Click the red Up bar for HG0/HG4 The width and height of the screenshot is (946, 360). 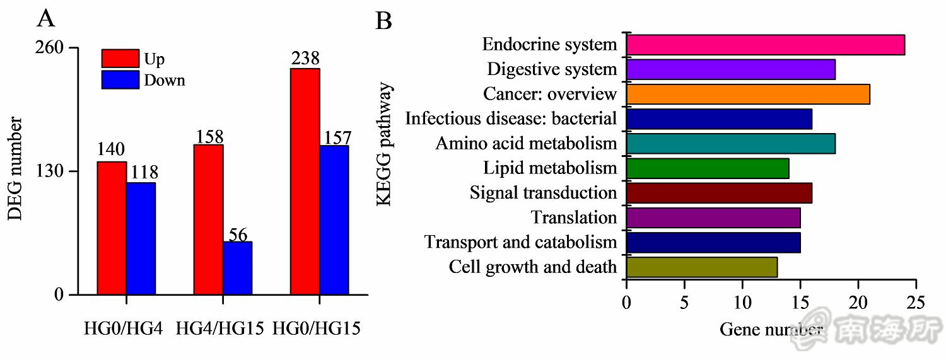(111, 228)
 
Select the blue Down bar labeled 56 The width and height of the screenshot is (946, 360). (237, 268)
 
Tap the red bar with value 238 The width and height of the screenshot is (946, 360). (305, 182)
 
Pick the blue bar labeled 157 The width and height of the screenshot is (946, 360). (334, 220)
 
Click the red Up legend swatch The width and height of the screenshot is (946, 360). (120, 59)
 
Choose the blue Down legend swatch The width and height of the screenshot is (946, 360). (120, 80)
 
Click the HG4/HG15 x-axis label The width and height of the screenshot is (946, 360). (219, 328)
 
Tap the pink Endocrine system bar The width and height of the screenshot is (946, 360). (765, 45)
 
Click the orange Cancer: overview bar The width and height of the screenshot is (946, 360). (747, 94)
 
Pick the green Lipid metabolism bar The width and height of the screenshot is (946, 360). (707, 168)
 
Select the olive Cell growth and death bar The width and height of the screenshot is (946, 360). (701, 267)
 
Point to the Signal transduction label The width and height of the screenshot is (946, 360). (543, 193)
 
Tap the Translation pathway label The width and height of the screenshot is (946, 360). (573, 218)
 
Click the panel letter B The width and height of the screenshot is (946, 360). (383, 21)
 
